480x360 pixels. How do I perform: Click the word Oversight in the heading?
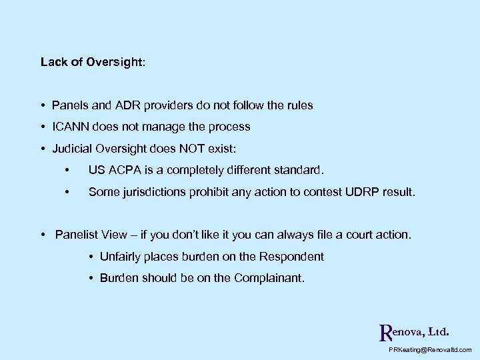[114, 62]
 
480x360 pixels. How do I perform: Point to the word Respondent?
[290, 257]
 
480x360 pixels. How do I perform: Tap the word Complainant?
[269, 278]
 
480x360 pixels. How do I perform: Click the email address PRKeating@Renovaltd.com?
[429, 350]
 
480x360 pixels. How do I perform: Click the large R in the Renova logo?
[383, 332]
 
